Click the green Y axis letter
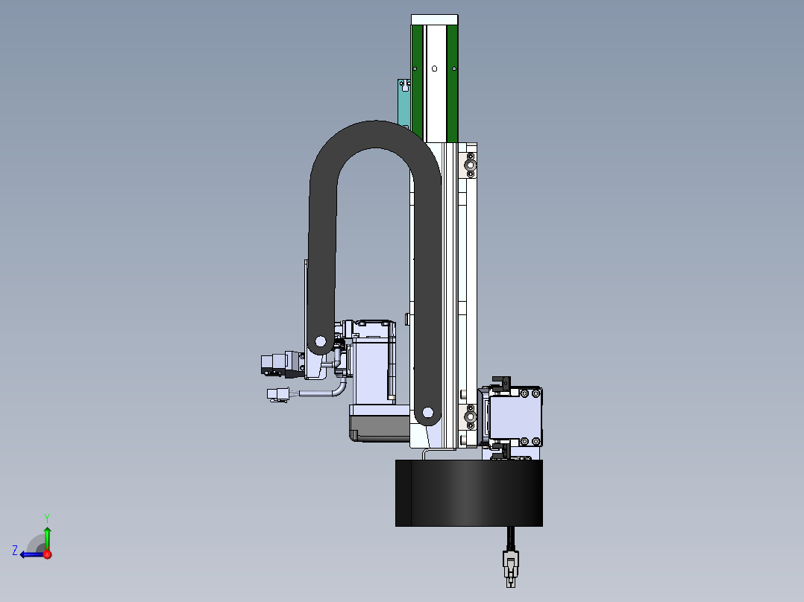(x=47, y=518)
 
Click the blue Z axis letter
(x=15, y=551)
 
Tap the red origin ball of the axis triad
(x=47, y=554)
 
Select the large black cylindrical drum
(x=468, y=493)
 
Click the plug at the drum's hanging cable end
(x=511, y=568)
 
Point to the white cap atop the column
(x=434, y=19)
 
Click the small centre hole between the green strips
(x=435, y=68)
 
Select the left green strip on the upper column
(x=417, y=83)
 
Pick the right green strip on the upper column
(x=452, y=83)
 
